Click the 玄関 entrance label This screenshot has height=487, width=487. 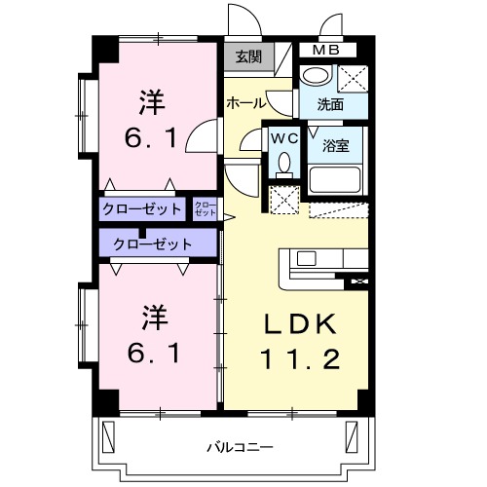[x=247, y=57]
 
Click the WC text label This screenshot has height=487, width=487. [x=283, y=137]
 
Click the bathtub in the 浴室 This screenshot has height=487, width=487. [x=335, y=179]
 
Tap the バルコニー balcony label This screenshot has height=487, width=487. [x=239, y=447]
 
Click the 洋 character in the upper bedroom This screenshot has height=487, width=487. [x=150, y=100]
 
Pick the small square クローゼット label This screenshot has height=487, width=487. [x=206, y=207]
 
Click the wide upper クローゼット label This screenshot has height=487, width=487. [x=142, y=208]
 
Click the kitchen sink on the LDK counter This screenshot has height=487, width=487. [x=306, y=259]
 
